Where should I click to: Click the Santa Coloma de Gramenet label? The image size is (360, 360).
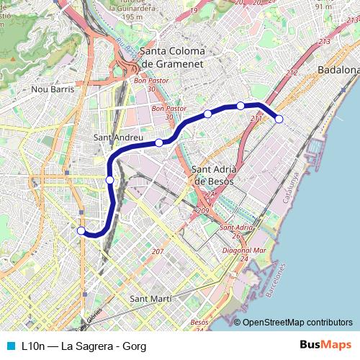point(172,58)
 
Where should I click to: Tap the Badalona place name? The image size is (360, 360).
point(338,70)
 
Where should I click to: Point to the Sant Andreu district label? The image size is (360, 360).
point(120,136)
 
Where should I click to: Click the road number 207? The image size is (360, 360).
point(158,251)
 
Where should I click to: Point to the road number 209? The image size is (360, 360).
point(202,210)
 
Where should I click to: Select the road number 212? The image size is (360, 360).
point(291,72)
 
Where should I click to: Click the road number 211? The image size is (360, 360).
point(256,117)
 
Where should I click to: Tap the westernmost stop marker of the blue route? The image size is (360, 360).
point(81,230)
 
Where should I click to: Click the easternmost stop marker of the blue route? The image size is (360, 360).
point(279,119)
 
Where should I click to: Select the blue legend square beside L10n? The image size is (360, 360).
point(10,346)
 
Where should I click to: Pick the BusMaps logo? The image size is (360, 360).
point(325,345)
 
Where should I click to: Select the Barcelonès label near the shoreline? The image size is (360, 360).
point(276,282)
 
